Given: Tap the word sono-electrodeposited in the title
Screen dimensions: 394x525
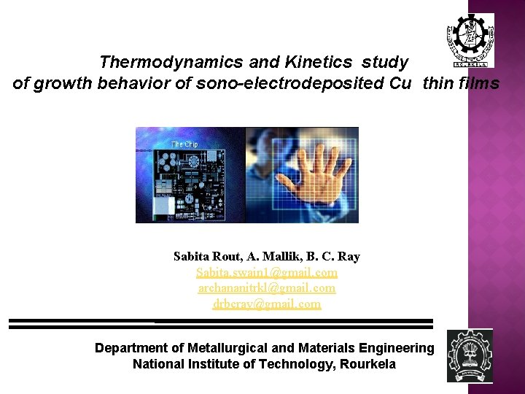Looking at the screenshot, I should (288, 84).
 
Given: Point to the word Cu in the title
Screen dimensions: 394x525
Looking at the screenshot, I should (400, 84).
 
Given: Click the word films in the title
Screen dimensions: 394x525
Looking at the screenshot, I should (478, 84).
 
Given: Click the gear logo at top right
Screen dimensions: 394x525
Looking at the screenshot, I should (470, 39).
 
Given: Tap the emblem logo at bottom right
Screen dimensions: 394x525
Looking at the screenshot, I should (470, 356).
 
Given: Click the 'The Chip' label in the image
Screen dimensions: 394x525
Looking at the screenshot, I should (184, 144).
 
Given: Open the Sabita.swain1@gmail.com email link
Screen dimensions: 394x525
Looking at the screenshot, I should (267, 272).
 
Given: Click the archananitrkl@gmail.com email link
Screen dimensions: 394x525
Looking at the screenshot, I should (267, 288).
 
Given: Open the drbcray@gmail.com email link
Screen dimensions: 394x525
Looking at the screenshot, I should (267, 304).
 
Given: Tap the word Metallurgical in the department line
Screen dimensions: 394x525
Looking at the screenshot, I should (229, 348).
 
